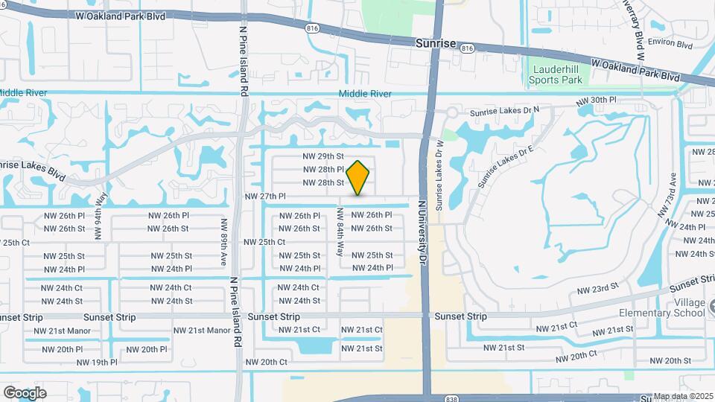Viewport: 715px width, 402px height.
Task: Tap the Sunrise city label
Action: (x=436, y=45)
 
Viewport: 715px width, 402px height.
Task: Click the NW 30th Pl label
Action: (x=597, y=100)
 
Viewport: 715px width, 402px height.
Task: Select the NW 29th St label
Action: (x=322, y=156)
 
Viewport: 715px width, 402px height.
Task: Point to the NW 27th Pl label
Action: (x=266, y=197)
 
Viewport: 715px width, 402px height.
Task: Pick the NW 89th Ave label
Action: (x=223, y=242)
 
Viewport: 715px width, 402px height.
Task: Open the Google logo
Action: (x=25, y=392)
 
